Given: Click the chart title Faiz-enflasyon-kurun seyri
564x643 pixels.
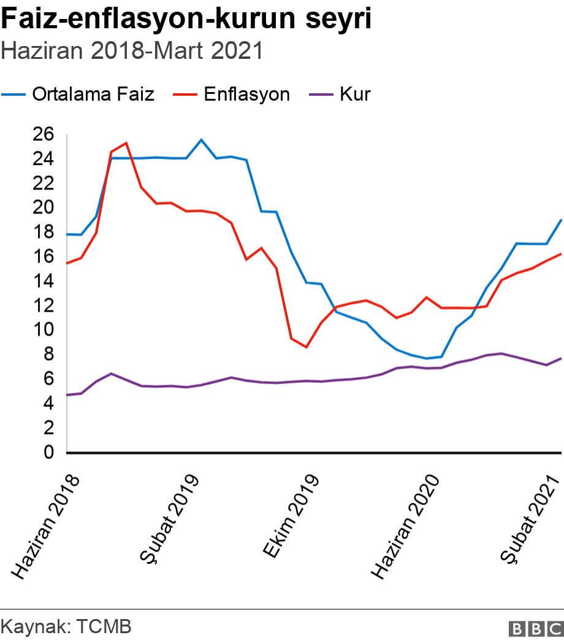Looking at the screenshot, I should click(186, 20).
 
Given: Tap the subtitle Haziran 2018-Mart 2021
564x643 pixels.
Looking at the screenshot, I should click(132, 51).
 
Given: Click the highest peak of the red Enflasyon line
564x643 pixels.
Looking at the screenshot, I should click(126, 143).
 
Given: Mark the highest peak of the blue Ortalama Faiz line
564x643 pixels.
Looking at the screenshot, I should click(201, 140).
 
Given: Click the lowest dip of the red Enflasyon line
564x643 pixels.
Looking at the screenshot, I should click(306, 347).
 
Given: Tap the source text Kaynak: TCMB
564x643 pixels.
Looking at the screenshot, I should click(67, 627).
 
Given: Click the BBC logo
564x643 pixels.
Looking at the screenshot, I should click(535, 628).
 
